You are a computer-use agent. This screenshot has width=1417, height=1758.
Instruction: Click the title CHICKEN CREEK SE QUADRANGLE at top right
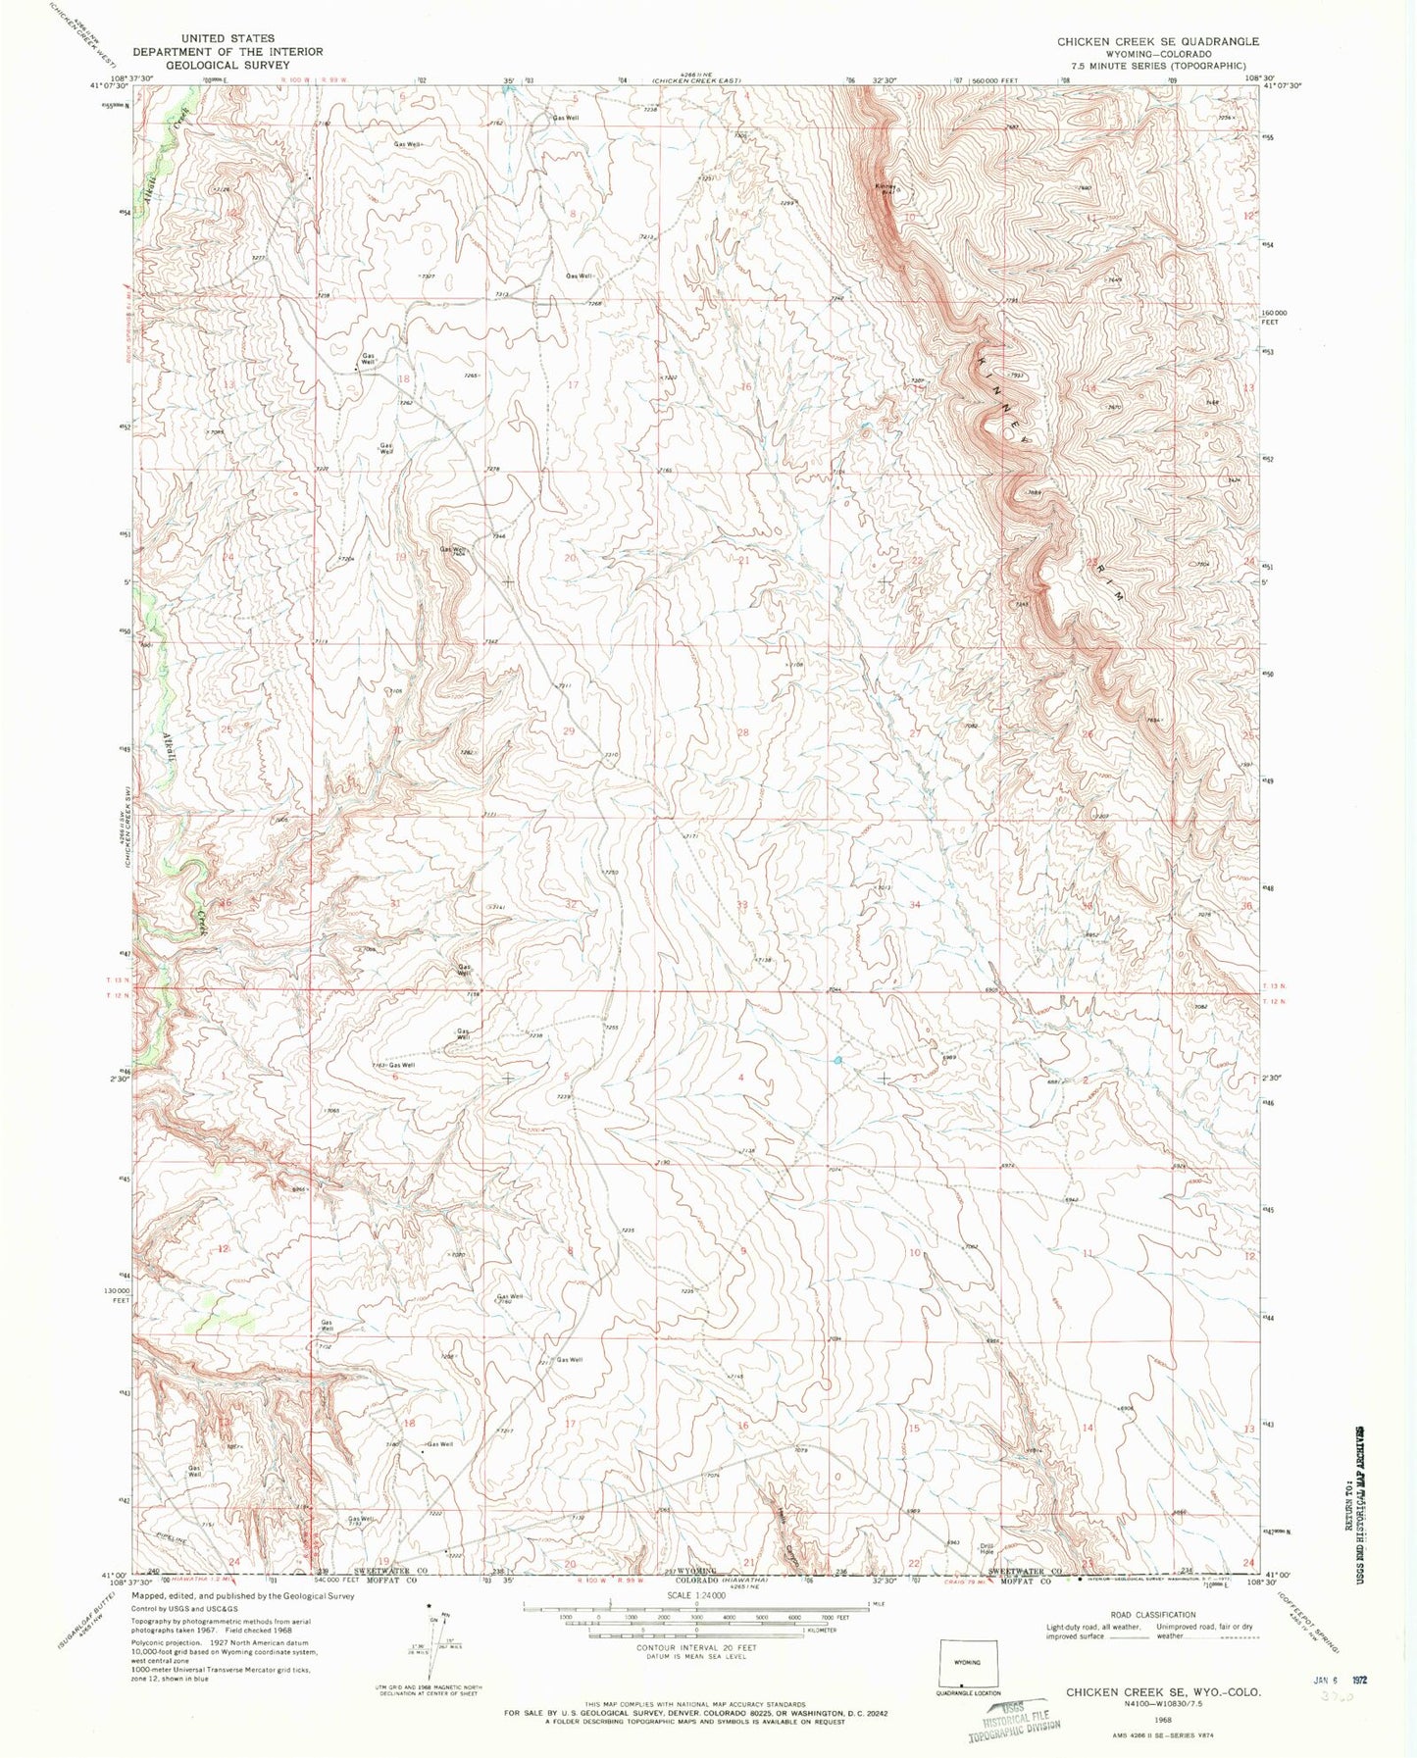click(x=1157, y=41)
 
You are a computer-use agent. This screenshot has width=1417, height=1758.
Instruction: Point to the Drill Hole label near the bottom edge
click(x=987, y=1550)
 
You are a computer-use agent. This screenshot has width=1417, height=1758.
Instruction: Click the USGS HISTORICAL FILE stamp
click(x=1014, y=1721)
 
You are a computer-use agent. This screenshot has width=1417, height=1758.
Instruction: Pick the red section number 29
click(x=570, y=731)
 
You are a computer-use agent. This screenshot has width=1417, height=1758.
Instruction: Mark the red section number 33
click(x=742, y=904)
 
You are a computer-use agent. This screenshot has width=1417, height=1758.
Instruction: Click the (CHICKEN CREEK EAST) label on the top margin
click(x=697, y=79)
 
